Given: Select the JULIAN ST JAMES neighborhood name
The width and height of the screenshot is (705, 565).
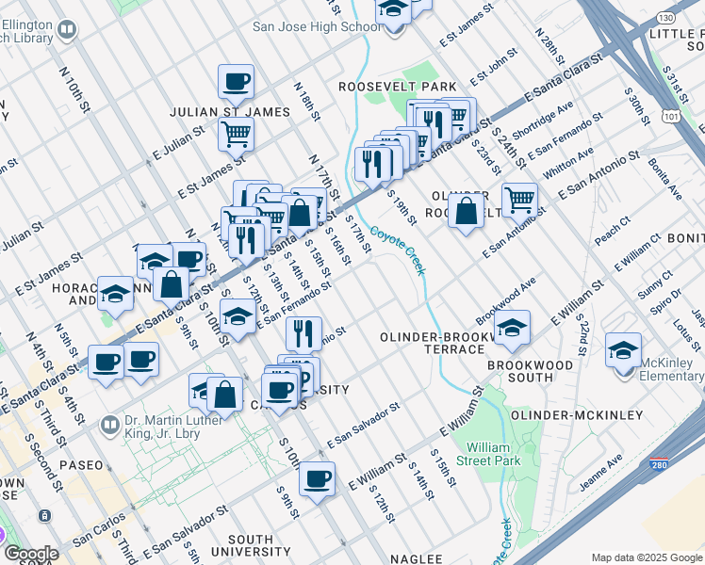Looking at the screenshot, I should point(229,112).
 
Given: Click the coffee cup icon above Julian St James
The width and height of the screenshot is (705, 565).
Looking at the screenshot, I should point(236,81).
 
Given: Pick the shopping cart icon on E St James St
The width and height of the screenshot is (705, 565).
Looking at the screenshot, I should point(236,133).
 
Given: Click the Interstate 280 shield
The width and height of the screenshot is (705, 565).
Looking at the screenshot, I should point(659,465).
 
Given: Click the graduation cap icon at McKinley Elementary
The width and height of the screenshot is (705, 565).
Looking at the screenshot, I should point(623,350).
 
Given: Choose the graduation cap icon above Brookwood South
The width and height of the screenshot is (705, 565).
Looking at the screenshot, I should point(512,328).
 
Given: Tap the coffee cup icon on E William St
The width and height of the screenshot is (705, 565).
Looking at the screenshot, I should point(317,478).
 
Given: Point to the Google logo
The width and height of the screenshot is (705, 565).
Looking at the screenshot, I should point(31,554).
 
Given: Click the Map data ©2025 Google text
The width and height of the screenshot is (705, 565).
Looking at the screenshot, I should point(646,557).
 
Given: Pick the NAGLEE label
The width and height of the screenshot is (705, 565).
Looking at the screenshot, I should point(416,557).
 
